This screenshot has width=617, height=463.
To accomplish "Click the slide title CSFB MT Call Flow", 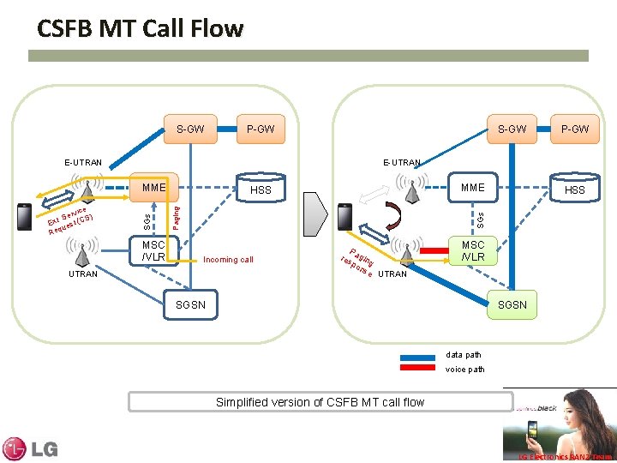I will [x=140, y=29].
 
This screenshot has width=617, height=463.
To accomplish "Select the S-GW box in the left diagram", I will [x=190, y=129].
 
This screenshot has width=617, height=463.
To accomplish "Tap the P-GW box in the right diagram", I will [x=574, y=129].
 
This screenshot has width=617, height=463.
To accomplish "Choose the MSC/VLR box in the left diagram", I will [x=153, y=251].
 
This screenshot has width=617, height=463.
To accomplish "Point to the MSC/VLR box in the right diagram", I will [x=473, y=251].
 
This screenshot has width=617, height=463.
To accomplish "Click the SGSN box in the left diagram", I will [x=190, y=304].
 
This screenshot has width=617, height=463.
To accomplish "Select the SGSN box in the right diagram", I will [x=512, y=304].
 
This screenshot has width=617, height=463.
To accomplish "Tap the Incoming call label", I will [x=227, y=260].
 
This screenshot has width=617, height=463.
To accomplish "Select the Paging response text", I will [x=357, y=262].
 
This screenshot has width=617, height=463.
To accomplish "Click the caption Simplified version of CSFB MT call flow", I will [x=320, y=402].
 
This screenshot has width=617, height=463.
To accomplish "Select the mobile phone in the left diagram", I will [x=25, y=216].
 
